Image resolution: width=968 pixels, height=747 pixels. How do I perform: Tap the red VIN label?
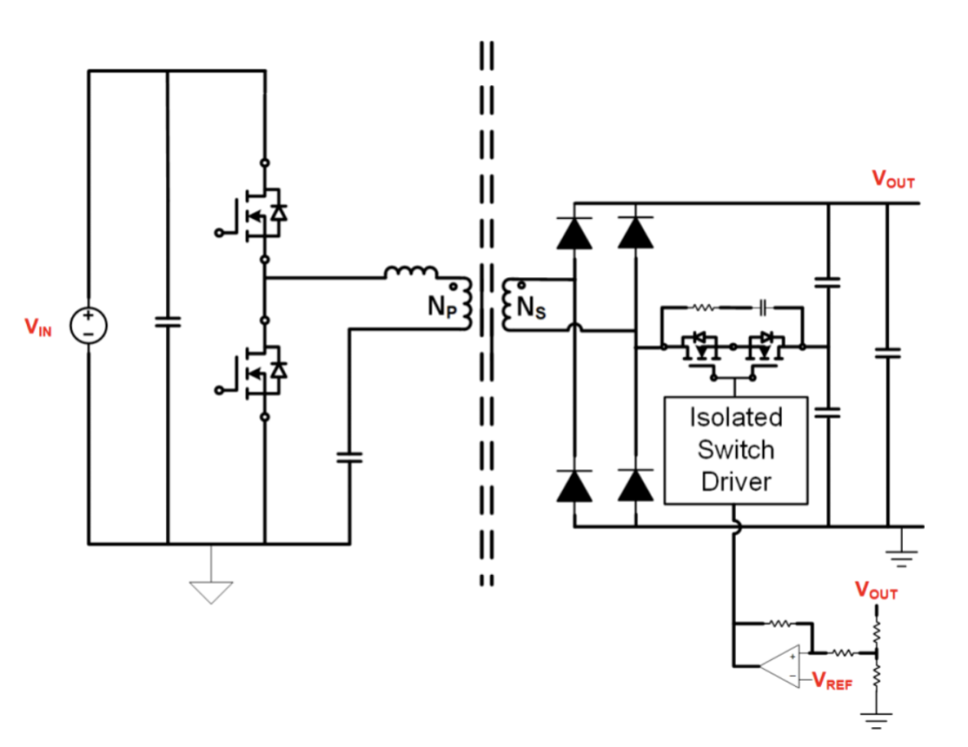point(39,327)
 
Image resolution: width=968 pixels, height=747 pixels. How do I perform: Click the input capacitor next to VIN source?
point(168,322)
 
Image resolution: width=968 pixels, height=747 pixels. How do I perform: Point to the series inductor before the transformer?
point(411,272)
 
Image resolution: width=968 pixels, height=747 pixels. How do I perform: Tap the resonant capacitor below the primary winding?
point(349,458)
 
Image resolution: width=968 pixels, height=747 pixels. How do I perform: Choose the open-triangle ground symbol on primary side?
point(211,591)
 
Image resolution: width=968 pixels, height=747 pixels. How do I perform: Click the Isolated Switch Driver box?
point(736,449)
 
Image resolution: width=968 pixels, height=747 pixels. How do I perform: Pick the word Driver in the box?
point(736,482)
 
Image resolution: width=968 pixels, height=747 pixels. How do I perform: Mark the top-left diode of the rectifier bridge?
point(574,232)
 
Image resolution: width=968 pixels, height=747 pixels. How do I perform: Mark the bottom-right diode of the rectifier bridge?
point(636,485)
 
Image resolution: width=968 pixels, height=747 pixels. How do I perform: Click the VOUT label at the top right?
point(893,179)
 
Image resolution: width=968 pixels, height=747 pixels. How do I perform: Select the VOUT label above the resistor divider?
point(876,591)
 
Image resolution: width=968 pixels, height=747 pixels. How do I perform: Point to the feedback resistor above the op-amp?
point(776,622)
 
